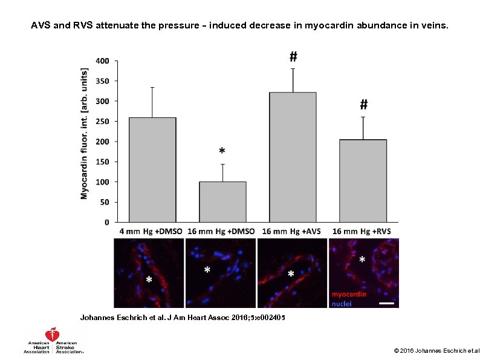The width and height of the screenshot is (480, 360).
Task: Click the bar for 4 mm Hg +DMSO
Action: (152, 170)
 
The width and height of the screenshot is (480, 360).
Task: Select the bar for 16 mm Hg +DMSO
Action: (222, 202)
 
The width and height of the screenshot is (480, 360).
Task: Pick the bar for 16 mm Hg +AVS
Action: (293, 157)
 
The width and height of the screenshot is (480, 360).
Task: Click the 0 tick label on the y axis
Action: (108, 222)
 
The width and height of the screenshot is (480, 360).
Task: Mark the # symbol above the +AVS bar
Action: (293, 57)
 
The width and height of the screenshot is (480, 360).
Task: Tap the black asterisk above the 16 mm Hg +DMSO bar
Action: (222, 151)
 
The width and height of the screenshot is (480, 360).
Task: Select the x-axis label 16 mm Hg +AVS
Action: (293, 232)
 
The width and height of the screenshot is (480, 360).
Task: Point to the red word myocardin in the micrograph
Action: (348, 295)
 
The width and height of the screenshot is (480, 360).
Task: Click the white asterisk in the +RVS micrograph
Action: (362, 260)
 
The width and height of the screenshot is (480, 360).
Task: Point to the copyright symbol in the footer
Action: (396, 350)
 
